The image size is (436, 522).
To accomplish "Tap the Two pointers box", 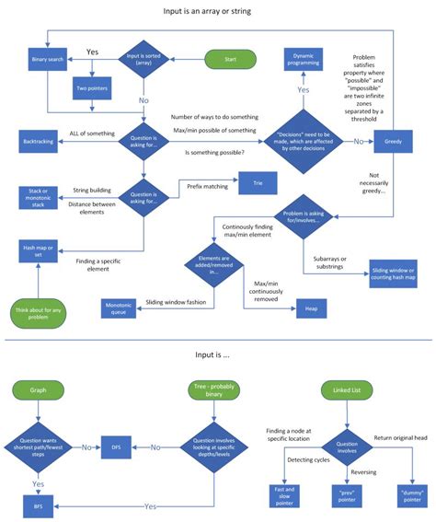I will (91, 88).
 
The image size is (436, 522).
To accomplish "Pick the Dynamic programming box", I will (304, 59).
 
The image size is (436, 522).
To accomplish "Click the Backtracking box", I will (38, 142).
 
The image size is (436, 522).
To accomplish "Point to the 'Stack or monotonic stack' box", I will (38, 196).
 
